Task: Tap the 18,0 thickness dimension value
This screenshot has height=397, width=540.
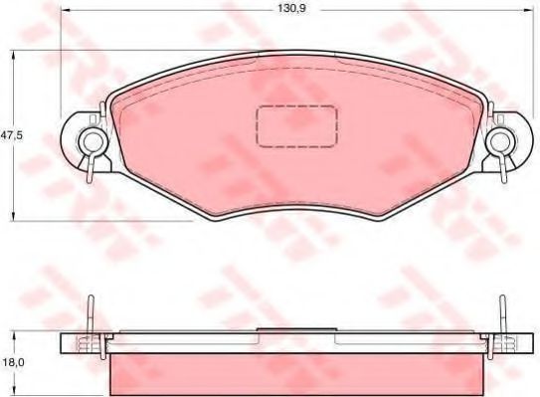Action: [11, 365]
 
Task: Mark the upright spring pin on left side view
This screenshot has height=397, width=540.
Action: [91, 315]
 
